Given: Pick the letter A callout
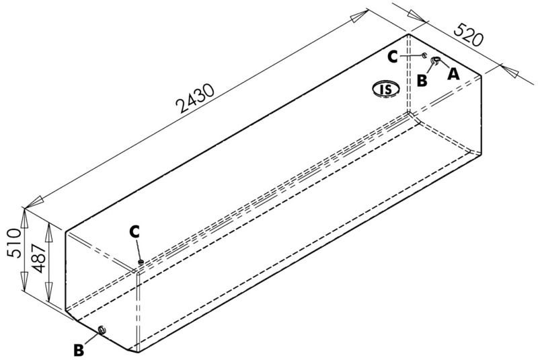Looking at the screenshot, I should (x=453, y=74).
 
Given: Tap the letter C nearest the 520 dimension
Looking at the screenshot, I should (x=393, y=57).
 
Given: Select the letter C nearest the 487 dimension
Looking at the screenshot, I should (x=135, y=231).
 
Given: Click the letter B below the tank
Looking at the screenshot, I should (x=79, y=350).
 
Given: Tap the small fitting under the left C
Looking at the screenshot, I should (x=141, y=262).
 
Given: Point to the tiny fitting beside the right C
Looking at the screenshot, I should (x=424, y=56).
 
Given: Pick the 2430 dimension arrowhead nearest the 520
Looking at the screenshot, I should (x=361, y=17).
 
